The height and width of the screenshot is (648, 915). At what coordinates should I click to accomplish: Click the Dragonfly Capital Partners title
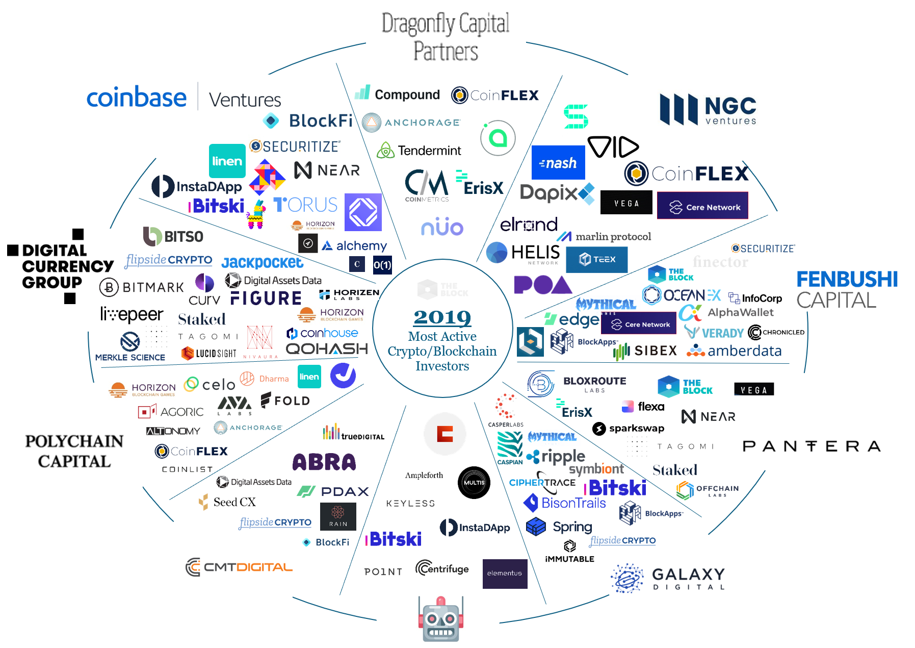tap(446, 37)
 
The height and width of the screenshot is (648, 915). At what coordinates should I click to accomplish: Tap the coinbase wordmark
tap(137, 97)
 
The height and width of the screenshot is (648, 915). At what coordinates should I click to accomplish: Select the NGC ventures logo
tap(708, 109)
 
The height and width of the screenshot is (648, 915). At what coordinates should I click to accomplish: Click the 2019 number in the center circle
tap(442, 317)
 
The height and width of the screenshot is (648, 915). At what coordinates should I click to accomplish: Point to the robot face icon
tap(441, 619)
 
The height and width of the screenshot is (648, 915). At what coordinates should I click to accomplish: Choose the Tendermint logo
tap(419, 151)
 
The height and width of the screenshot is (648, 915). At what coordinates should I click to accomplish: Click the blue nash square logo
tap(558, 163)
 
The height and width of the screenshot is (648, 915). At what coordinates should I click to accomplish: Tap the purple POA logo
tap(542, 285)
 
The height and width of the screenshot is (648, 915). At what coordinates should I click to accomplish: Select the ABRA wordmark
tap(324, 462)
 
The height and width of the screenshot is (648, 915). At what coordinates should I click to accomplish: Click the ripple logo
tap(556, 456)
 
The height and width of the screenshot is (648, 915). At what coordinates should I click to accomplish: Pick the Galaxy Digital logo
tap(668, 579)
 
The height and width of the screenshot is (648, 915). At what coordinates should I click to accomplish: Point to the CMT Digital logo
tap(239, 567)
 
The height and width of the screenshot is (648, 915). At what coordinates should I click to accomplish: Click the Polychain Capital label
tap(74, 451)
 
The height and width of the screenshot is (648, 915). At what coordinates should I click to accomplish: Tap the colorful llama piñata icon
tap(256, 215)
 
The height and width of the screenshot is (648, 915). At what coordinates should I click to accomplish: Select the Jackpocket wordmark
tap(262, 262)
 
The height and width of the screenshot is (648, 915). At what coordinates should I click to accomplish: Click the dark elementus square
tap(505, 574)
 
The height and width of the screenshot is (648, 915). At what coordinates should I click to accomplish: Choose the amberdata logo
tap(734, 351)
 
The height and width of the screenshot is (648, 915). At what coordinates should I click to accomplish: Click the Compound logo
tap(398, 94)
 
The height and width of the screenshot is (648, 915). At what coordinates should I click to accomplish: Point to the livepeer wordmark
tap(132, 314)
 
